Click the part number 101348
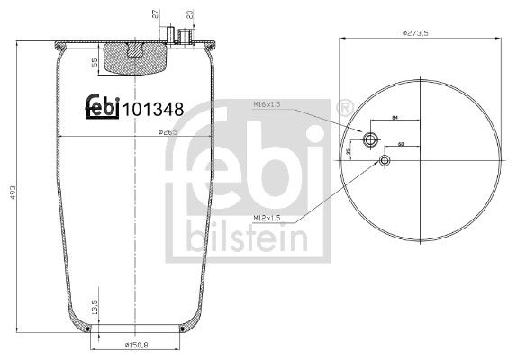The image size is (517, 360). tap(153, 109)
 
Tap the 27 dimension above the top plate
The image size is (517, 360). tap(154, 13)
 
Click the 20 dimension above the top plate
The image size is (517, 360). tap(188, 13)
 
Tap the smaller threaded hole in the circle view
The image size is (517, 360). tap(385, 160)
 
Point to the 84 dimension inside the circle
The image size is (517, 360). tap(395, 119)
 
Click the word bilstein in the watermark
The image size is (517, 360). tap(244, 235)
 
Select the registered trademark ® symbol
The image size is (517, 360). tap(343, 109)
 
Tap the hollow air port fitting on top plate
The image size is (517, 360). tap(187, 36)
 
